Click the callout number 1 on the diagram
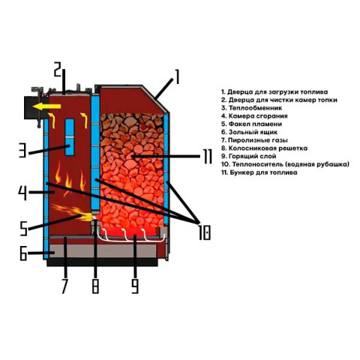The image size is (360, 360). [x=177, y=77]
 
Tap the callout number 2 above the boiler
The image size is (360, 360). [x=58, y=70]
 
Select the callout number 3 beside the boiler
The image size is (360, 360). [x=22, y=150]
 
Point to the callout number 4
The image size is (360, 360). [x=22, y=193]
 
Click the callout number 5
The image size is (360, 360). [x=24, y=229]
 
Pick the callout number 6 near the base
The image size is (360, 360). [x=23, y=253]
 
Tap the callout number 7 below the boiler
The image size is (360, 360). [x=64, y=286]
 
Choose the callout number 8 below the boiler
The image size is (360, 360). [x=95, y=286]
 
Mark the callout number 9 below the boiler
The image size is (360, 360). [x=135, y=286]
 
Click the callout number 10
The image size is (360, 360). [x=205, y=232]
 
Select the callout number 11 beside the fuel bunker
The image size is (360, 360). [x=208, y=157]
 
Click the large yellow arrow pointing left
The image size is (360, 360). [x=46, y=106]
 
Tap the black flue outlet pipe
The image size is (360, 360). [x=32, y=107]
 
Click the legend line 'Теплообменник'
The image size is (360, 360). [x=251, y=108]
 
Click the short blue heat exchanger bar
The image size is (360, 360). [x=70, y=137]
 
